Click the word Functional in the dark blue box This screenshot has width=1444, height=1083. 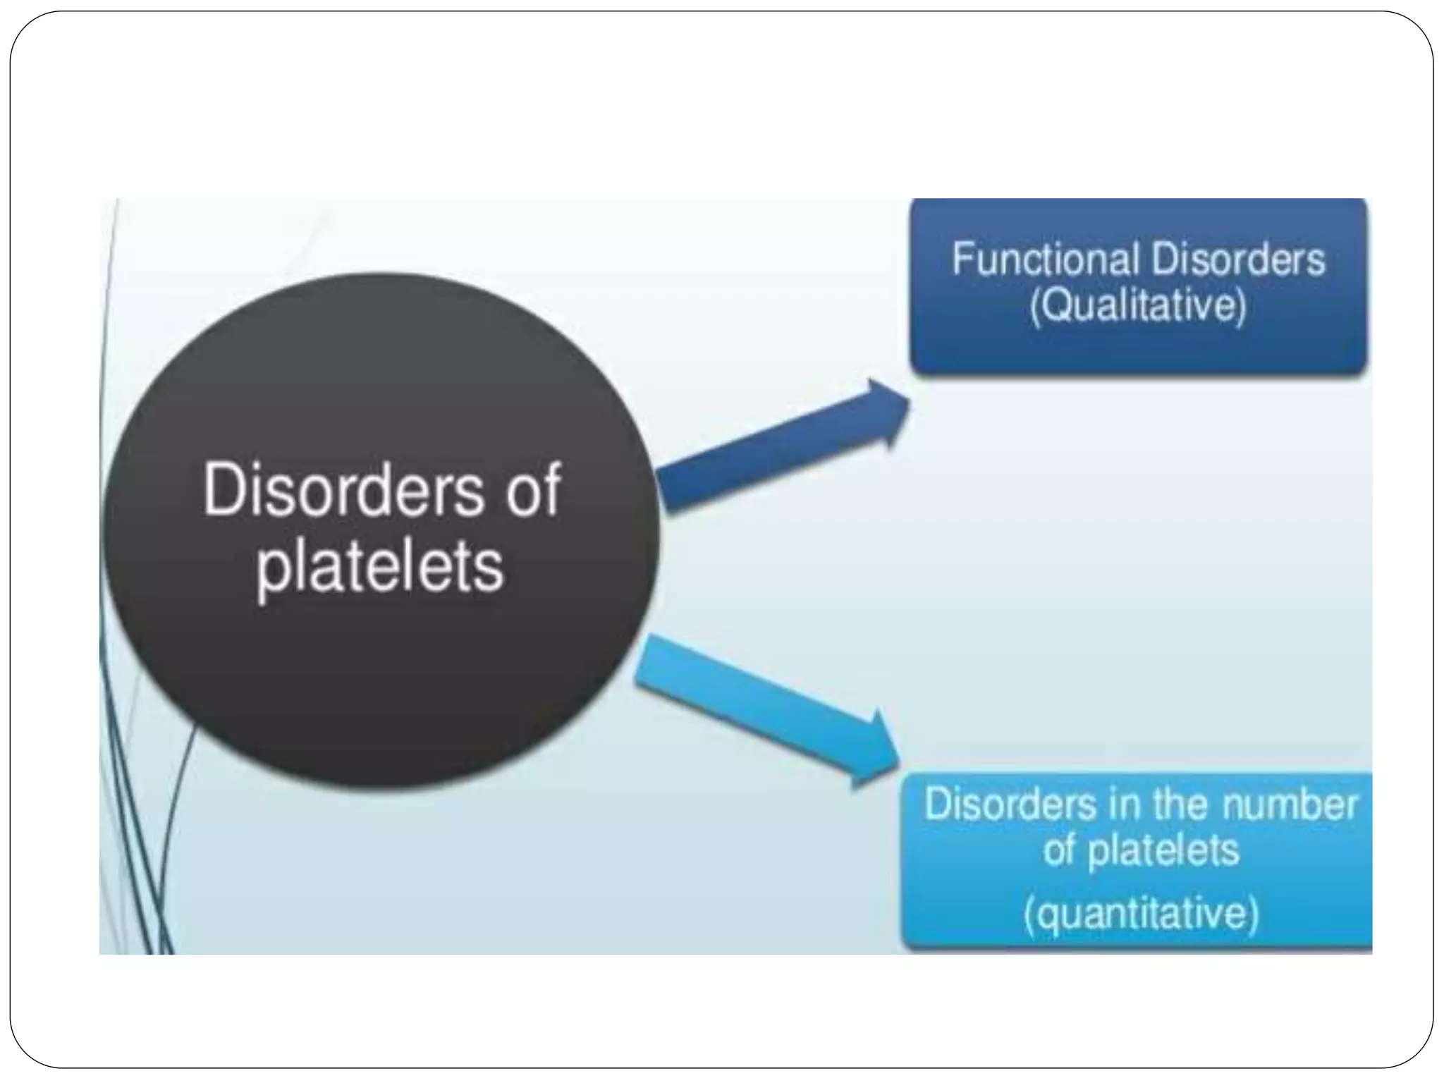(1046, 259)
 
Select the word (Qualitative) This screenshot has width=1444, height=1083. (1138, 306)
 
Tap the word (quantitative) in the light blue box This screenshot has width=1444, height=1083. (1141, 914)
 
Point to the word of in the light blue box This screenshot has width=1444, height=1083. (1060, 850)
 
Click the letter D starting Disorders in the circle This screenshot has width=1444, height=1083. (224, 489)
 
